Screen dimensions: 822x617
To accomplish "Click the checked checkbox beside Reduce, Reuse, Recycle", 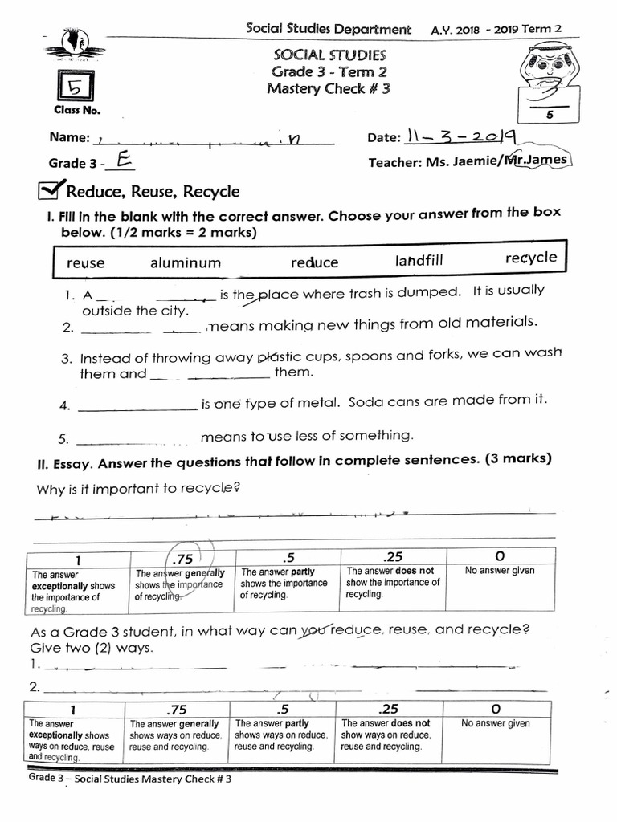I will click(51, 189).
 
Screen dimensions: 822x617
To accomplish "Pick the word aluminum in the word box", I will click(185, 262).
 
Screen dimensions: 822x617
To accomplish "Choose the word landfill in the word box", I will click(419, 261).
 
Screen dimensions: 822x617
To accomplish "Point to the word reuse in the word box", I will click(85, 263).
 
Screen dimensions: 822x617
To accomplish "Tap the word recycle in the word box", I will click(530, 258).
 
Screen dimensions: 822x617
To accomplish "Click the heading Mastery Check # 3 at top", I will click(329, 89).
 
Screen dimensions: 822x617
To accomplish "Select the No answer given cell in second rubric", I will click(496, 723).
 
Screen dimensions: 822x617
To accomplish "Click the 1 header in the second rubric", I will click(72, 709).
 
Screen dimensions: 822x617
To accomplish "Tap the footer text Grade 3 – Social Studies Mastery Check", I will click(129, 779).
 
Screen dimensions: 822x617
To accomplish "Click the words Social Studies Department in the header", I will click(328, 29).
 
